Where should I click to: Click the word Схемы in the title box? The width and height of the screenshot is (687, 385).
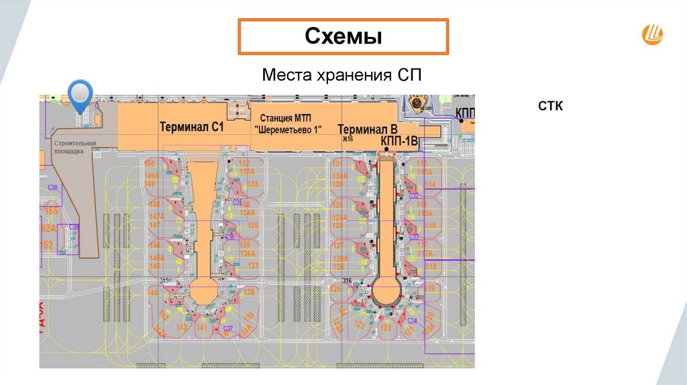click(343, 36)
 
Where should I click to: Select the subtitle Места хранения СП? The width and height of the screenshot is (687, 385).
click(342, 74)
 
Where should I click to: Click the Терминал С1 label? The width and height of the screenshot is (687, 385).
click(191, 126)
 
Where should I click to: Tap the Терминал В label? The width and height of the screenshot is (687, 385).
click(368, 129)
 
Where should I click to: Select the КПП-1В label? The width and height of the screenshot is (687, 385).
click(399, 140)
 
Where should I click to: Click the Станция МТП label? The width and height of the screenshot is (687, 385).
click(288, 119)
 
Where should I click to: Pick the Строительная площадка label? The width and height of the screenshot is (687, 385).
click(75, 147)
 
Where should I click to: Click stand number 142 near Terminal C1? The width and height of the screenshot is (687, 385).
click(181, 327)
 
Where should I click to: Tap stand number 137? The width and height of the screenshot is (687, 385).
click(253, 266)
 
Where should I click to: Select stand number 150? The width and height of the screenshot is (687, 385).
click(150, 164)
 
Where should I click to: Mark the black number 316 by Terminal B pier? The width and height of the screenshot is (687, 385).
click(347, 280)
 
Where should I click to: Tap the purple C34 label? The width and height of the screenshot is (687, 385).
click(411, 321)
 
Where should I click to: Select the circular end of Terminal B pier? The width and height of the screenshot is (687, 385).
click(386, 292)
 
